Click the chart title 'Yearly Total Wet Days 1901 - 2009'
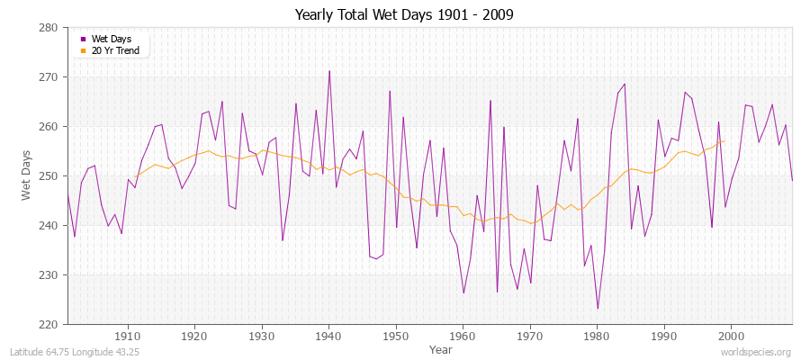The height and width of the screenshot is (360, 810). click(x=404, y=15)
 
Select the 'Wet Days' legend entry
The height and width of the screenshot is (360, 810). click(x=111, y=39)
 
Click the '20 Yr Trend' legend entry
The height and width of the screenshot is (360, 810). click(x=114, y=50)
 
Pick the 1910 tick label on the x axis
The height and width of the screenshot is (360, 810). click(x=128, y=336)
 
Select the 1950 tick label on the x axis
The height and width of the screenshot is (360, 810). click(x=396, y=336)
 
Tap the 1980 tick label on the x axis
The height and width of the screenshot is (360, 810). click(x=597, y=336)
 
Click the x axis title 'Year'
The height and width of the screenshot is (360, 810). click(x=441, y=348)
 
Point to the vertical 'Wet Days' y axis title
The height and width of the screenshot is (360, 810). click(x=27, y=175)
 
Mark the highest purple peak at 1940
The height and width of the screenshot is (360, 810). click(x=329, y=71)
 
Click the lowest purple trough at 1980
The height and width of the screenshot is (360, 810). click(x=598, y=309)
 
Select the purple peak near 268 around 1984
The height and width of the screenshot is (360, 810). click(x=624, y=84)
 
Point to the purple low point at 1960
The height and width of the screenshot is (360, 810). click(x=463, y=292)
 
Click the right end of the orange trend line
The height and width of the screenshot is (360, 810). click(x=724, y=139)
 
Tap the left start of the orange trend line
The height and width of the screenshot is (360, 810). click(x=135, y=176)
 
